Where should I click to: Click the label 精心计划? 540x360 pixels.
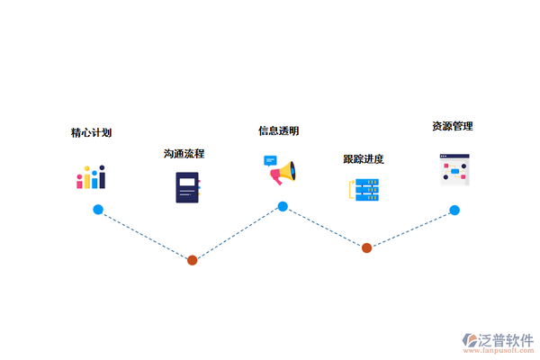coord(91,133)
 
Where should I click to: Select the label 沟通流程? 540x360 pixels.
coord(184,154)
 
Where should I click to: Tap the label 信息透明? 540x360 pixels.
coord(279,131)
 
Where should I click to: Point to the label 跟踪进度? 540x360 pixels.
coord(364,159)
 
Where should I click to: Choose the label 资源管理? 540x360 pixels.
coord(453,126)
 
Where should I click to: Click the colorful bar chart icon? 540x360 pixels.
coord(91,177)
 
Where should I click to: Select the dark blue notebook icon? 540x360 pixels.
coord(187,187)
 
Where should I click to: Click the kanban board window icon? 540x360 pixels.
coord(454,170)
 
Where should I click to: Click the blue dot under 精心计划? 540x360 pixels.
coord(98,210)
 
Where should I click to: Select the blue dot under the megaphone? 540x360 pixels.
coord(283,207)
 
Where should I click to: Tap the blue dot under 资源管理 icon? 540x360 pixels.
coord(454,211)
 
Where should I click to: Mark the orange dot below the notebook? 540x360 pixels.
coord(192,260)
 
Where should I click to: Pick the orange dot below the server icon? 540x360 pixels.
coord(366,247)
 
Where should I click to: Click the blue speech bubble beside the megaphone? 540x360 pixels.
coord(270,161)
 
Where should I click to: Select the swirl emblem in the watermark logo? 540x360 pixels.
coord(470,341)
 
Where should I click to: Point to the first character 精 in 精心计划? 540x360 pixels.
coord(76,133)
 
